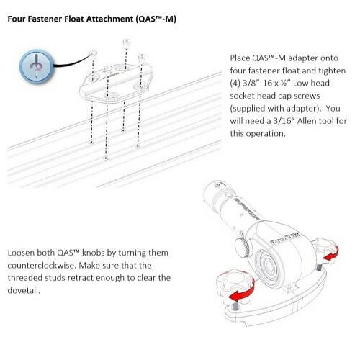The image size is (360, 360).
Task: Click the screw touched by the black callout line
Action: (x=93, y=54)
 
